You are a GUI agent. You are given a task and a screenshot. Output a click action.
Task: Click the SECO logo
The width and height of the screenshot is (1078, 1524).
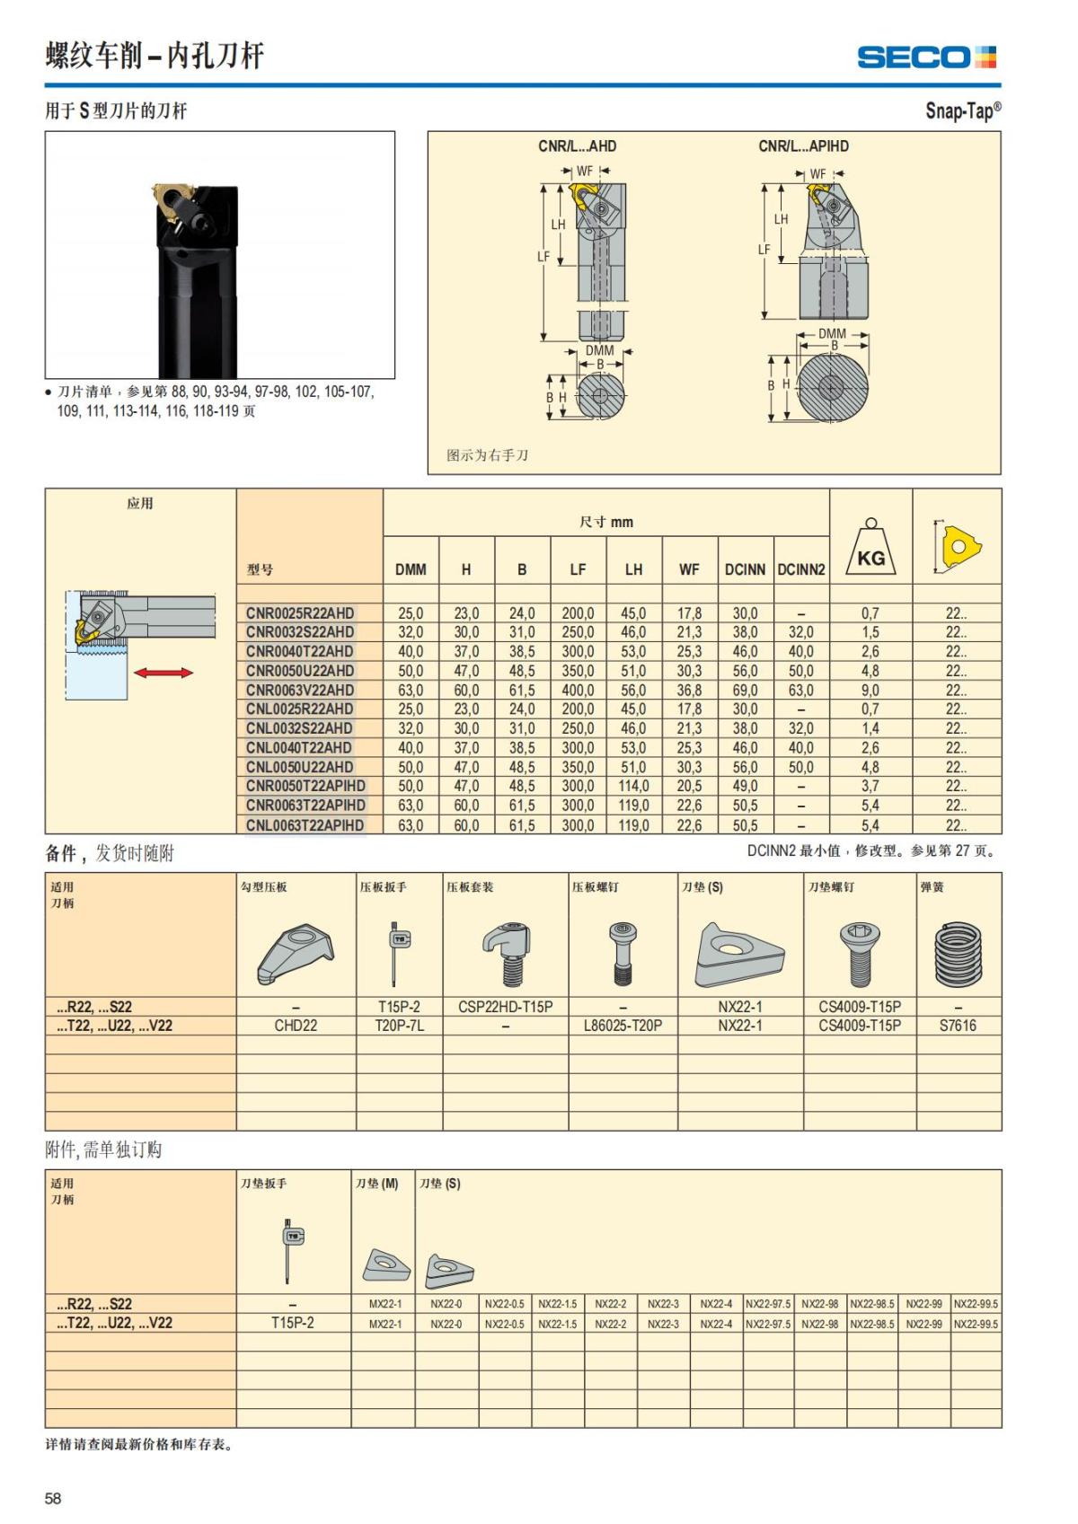(x=926, y=57)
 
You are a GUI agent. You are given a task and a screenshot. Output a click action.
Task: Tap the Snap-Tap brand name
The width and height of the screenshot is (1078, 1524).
(x=962, y=111)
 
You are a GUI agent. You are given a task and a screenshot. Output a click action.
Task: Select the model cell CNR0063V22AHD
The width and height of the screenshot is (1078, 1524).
(x=300, y=691)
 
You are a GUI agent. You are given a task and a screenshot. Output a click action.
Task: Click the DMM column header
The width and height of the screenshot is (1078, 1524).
(x=411, y=569)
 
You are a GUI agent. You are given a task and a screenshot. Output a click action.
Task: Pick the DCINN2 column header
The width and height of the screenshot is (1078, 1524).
(x=800, y=569)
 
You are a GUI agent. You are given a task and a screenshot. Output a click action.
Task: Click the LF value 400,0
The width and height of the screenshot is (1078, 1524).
(x=578, y=691)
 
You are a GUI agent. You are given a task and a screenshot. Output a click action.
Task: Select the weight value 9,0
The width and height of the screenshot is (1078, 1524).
(x=870, y=691)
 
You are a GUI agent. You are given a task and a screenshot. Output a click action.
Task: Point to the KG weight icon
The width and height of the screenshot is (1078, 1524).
(x=870, y=550)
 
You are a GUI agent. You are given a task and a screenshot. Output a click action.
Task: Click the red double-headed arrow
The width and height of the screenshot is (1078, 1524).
(x=163, y=673)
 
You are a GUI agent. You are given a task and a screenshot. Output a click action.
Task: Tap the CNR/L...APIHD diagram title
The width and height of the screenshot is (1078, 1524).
(x=803, y=146)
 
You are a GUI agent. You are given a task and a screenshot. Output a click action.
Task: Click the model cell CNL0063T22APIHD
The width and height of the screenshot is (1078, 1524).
(x=305, y=825)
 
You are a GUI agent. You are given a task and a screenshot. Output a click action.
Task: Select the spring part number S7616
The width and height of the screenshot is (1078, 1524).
(x=958, y=1026)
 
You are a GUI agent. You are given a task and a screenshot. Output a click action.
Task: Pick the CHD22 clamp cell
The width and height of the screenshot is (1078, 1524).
(x=296, y=1026)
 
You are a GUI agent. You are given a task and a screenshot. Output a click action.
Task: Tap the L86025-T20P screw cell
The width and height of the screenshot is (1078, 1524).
(x=623, y=1026)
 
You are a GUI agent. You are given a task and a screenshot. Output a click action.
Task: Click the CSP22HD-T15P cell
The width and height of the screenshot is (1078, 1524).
(x=505, y=1007)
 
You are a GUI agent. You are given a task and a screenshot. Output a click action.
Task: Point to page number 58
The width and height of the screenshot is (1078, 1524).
(x=54, y=1498)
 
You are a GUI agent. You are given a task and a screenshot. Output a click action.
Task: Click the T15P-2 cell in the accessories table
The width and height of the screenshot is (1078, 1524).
(x=293, y=1323)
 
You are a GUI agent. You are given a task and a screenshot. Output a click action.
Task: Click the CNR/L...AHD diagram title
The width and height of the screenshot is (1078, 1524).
(x=577, y=146)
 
